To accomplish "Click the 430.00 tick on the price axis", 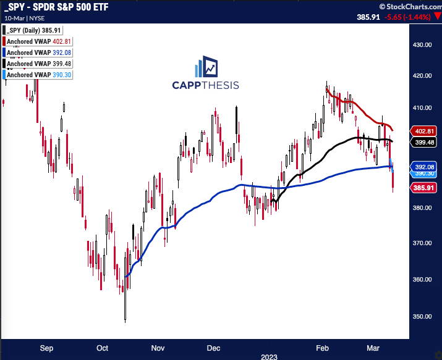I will (423, 45).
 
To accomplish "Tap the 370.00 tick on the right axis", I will (423, 243).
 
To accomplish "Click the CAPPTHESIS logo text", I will (205, 85).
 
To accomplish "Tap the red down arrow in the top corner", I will (436, 17).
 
